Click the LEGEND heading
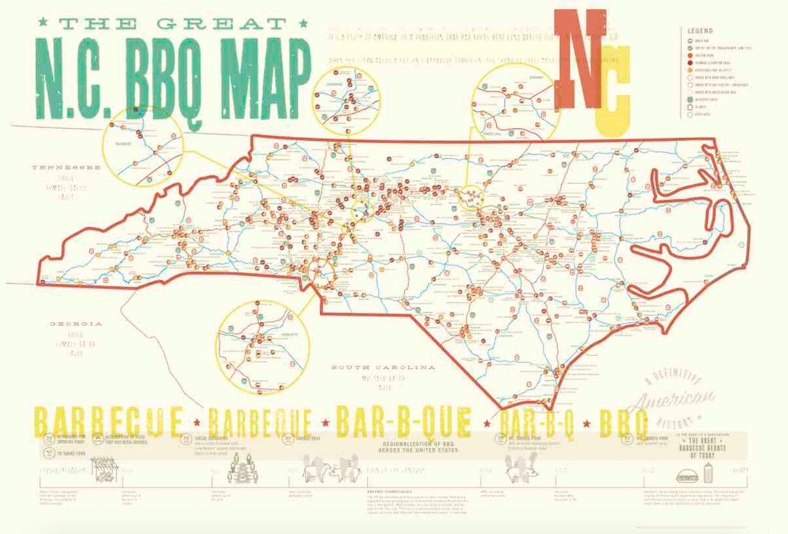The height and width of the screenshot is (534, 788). (700, 31)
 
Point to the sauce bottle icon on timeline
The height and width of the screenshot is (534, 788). (708, 471)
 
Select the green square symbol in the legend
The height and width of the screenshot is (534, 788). (690, 100)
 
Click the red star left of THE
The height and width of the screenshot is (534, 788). (44, 24)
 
